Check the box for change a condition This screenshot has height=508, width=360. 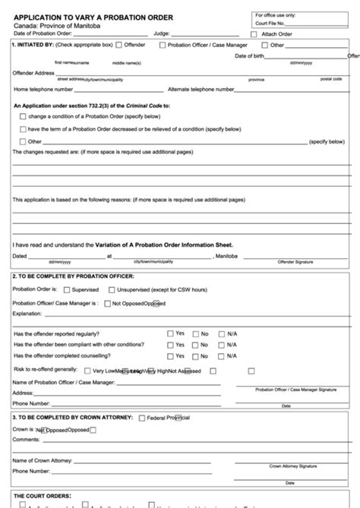[22, 117]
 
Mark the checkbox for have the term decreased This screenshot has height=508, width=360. [22, 129]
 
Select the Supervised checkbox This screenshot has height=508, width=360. [67, 289]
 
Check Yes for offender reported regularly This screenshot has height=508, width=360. [170, 333]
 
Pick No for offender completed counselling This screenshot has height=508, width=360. [195, 356]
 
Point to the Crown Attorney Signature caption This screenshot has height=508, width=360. [292, 465]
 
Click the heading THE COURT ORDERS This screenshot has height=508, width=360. [43, 495]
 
